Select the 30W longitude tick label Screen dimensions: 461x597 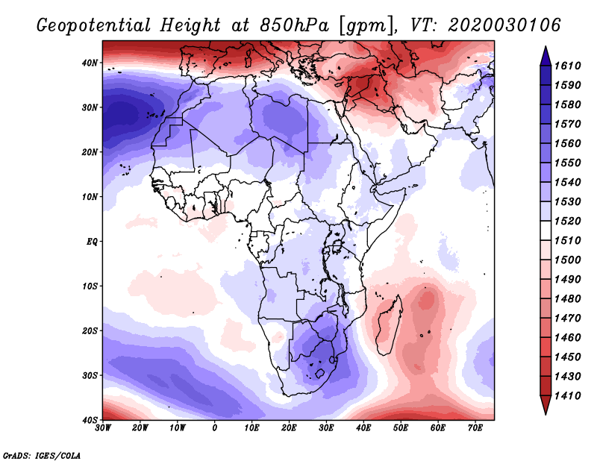point(103,428)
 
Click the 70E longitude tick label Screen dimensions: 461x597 point(475,428)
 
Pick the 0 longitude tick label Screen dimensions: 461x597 point(215,428)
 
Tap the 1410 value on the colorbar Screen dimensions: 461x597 point(570,395)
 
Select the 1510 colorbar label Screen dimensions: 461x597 point(570,240)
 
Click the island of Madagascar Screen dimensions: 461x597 point(390,324)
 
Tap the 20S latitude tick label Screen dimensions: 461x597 point(91,330)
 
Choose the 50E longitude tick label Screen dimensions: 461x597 point(401,428)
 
